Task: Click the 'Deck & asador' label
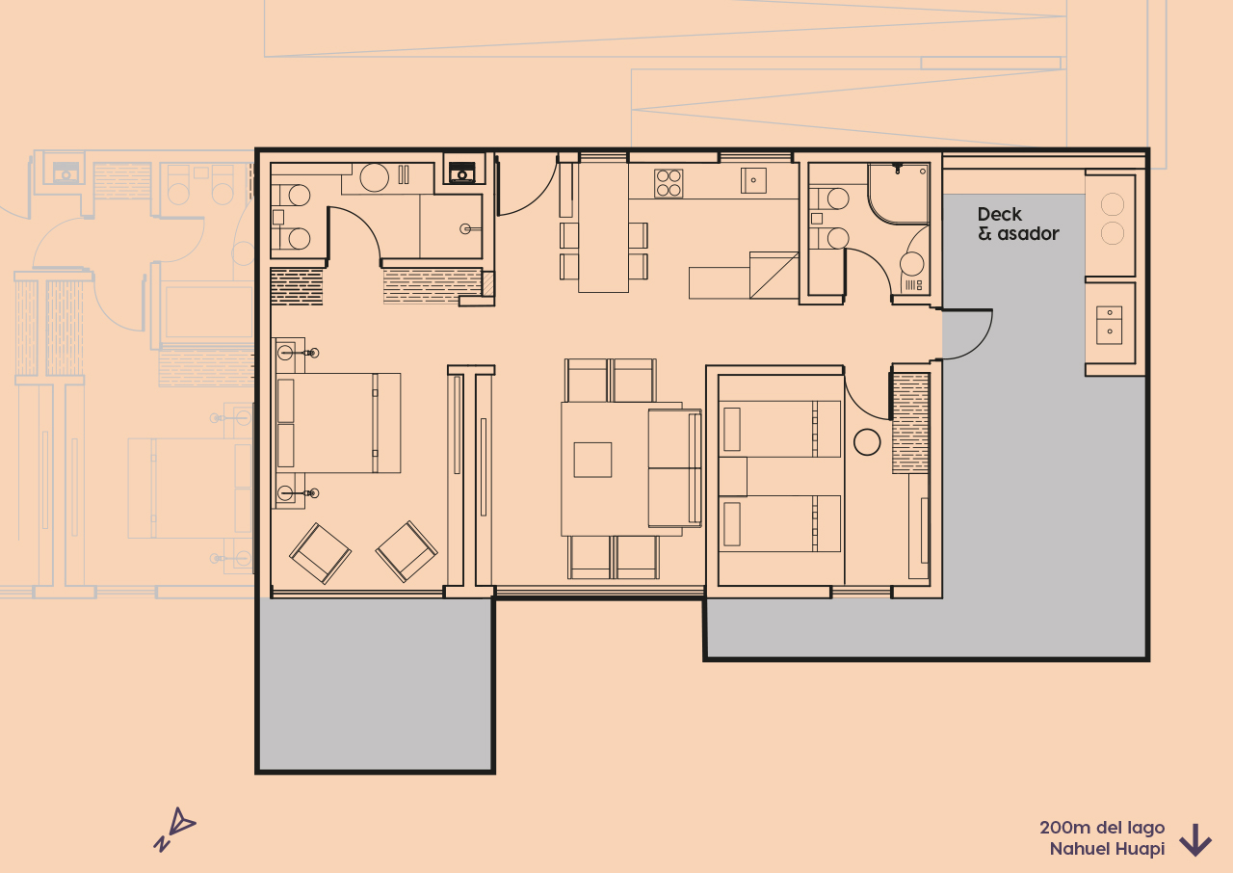(x=1017, y=224)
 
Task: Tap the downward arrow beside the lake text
(x=1194, y=839)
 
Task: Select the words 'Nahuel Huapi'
(x=1107, y=849)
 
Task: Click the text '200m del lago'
(x=1101, y=828)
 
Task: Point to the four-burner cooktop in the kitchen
(x=669, y=183)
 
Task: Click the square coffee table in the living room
(x=592, y=460)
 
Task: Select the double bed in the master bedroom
(x=337, y=423)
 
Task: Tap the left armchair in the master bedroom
(x=321, y=553)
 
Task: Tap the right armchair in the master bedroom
(x=407, y=550)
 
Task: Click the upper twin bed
(x=778, y=429)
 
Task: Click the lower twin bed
(x=778, y=523)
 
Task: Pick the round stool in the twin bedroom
(x=867, y=442)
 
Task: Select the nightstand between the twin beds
(x=732, y=476)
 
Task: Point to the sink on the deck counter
(x=1109, y=324)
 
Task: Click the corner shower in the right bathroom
(x=896, y=193)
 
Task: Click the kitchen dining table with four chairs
(x=603, y=231)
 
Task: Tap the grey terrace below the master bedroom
(x=376, y=684)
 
